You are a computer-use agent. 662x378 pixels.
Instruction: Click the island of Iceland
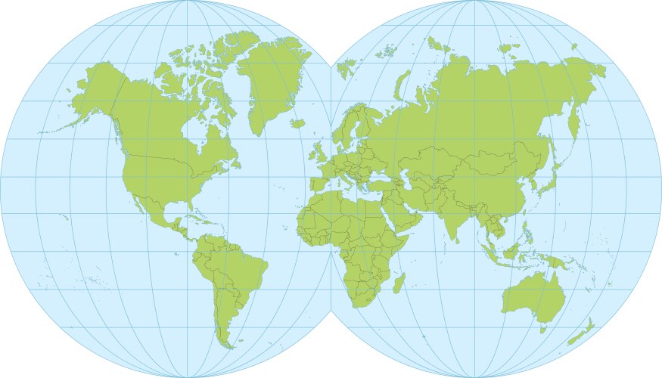point(297,122)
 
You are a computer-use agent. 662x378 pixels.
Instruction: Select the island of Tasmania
point(542,328)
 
